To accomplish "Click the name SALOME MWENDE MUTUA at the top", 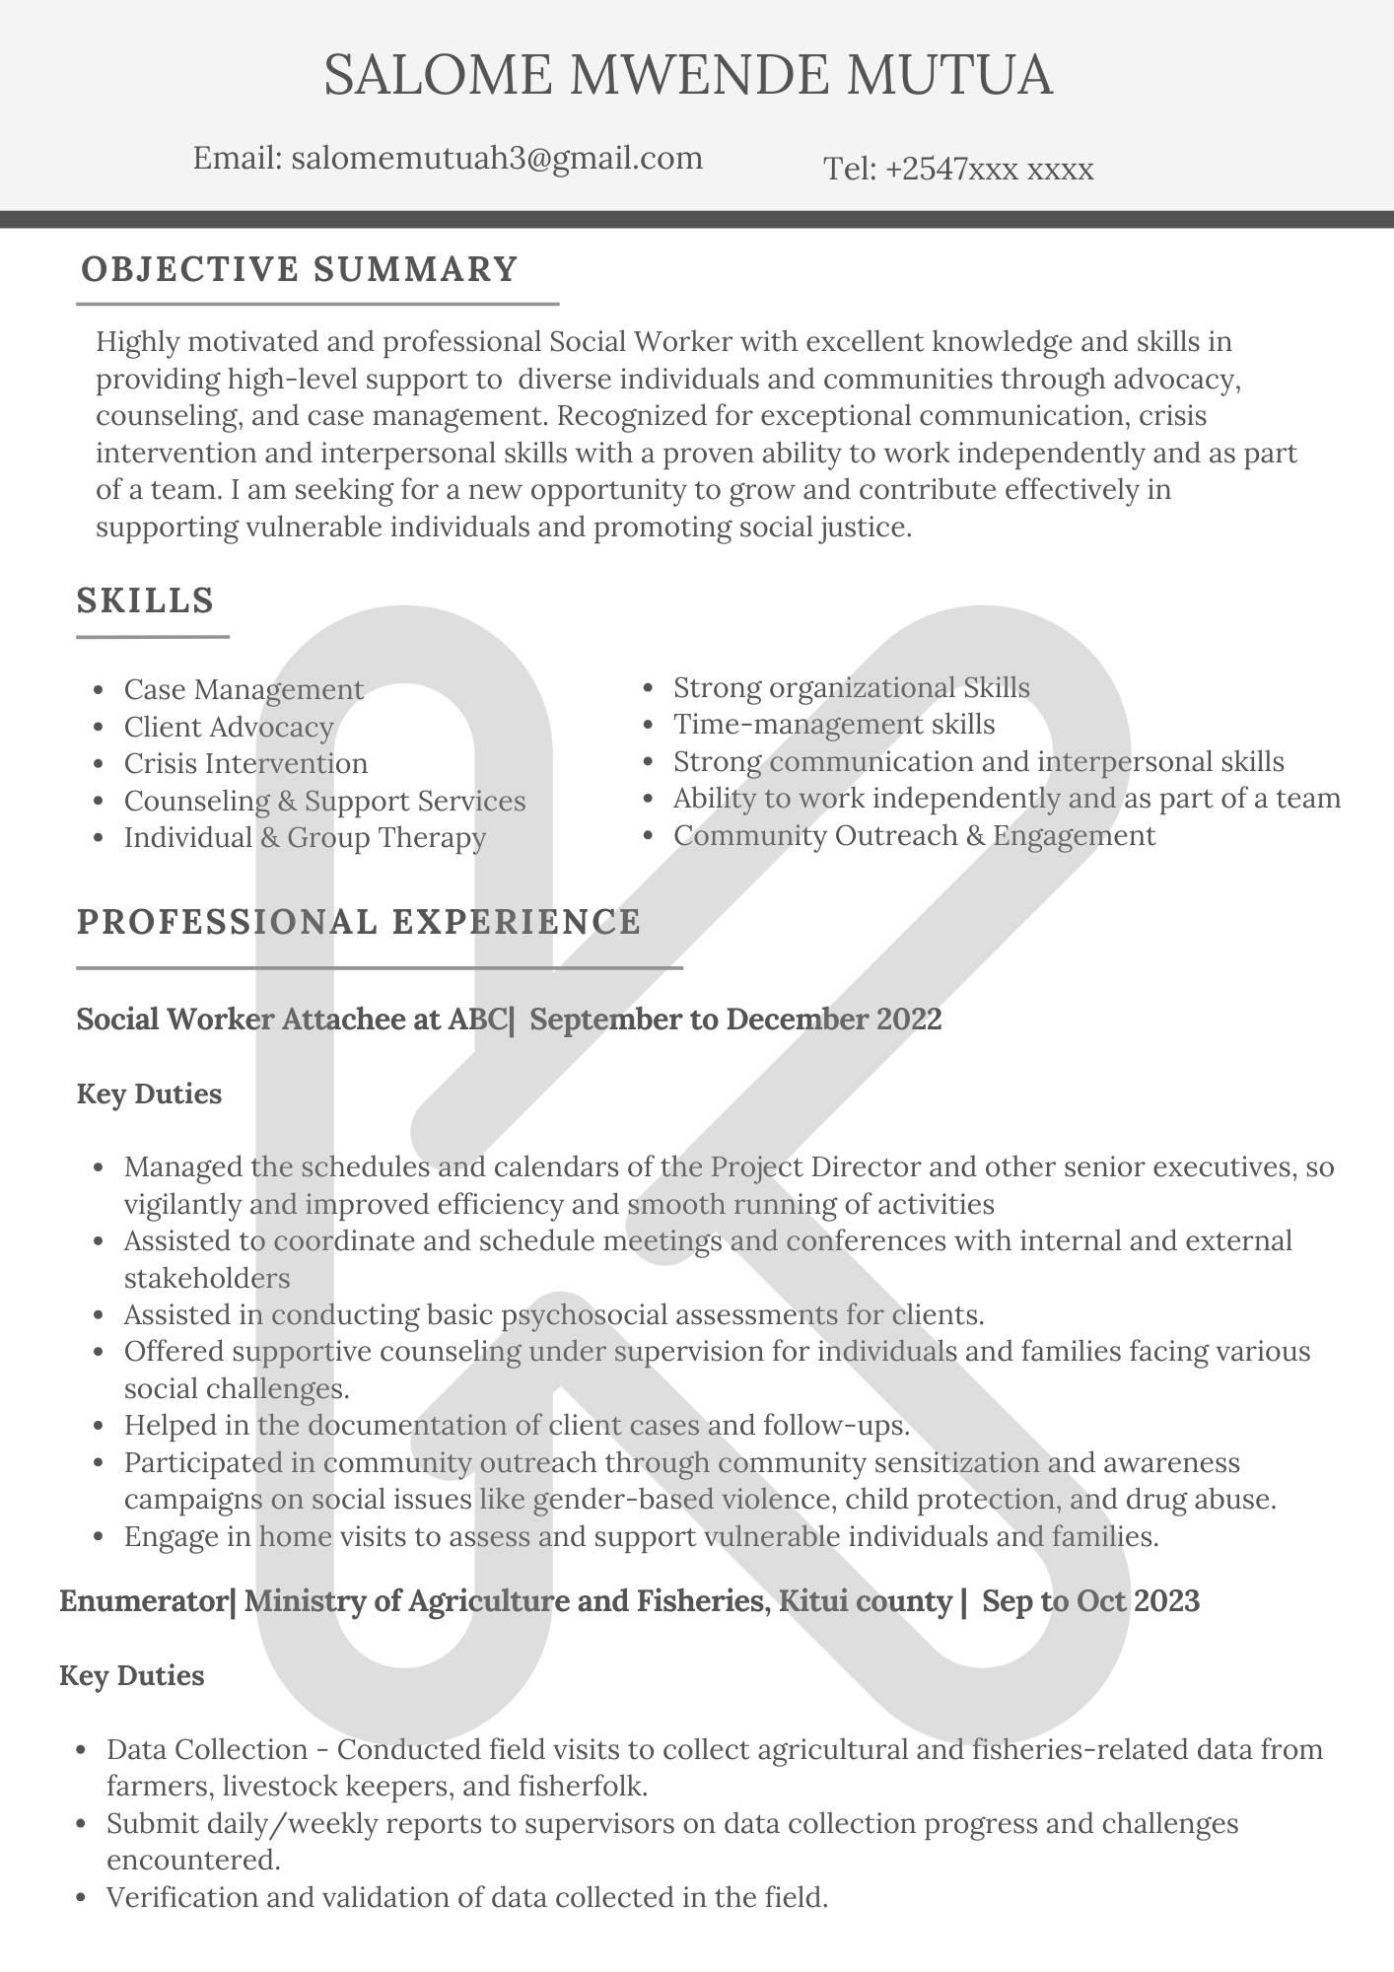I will tap(688, 76).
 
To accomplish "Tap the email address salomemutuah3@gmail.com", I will tap(497, 158).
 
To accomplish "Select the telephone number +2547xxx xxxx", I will tap(989, 170).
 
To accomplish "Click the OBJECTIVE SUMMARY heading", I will tap(300, 269).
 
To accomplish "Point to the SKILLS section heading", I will tap(146, 599).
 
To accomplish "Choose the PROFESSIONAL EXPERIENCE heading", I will tap(359, 921).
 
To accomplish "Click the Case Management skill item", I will tap(244, 689).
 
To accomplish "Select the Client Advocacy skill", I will tap(229, 727).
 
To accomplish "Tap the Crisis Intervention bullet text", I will tap(245, 763).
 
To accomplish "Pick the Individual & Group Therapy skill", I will tap(305, 837).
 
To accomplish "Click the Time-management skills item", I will tap(834, 724).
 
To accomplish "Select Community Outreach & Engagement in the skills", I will tap(914, 835).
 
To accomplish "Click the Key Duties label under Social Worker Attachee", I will tap(149, 1093).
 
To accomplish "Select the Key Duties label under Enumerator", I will tap(132, 1675).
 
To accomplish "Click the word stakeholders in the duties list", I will tap(207, 1278).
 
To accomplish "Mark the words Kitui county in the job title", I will tap(865, 1599).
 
